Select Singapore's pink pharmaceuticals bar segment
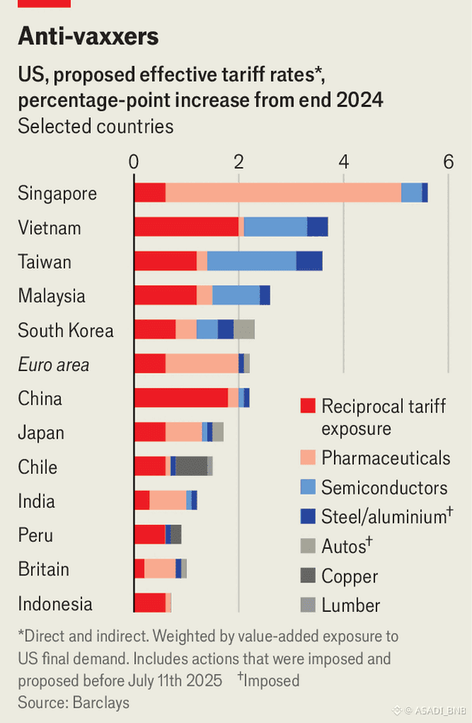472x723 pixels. (283, 193)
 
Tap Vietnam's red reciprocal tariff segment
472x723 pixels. (186, 227)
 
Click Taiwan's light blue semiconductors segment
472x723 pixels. (252, 261)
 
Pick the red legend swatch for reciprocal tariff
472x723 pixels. (308, 406)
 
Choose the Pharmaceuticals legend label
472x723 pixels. (385, 457)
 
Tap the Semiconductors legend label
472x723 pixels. (384, 488)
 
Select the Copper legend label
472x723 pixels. (349, 576)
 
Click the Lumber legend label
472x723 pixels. (351, 605)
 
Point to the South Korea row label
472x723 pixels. (66, 330)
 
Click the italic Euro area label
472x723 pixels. (54, 364)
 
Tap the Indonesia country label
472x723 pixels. (55, 603)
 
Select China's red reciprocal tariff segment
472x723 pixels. (181, 398)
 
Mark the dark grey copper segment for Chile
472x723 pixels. (191, 466)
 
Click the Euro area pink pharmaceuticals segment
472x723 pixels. (202, 363)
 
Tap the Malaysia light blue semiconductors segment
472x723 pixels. (236, 295)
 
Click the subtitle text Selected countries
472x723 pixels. (95, 126)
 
